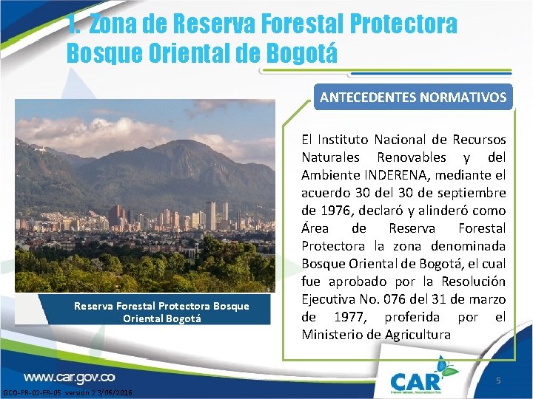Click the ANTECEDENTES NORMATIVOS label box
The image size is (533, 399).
click(413, 97)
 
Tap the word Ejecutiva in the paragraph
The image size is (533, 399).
click(329, 299)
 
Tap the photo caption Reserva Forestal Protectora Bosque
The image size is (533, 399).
click(161, 306)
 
